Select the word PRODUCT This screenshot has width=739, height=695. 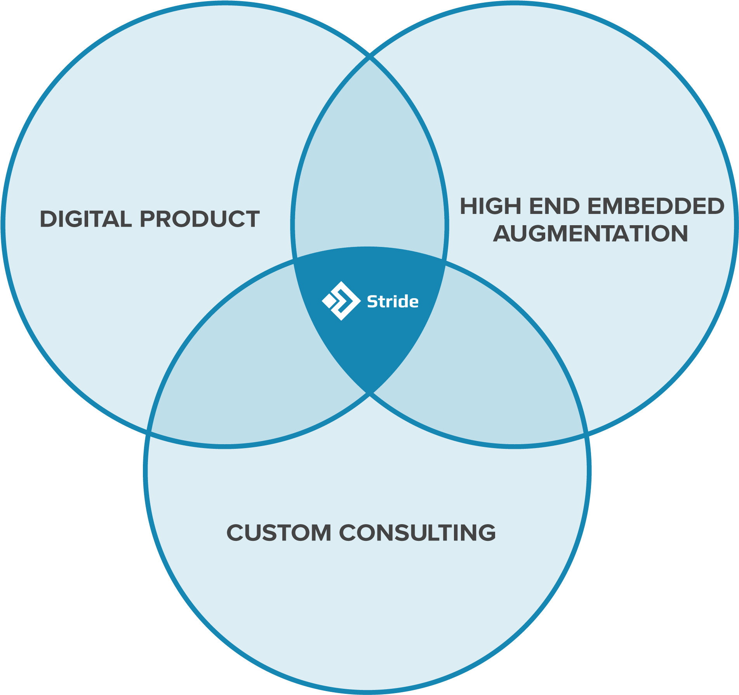click(200, 219)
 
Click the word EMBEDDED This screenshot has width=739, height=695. click(656, 206)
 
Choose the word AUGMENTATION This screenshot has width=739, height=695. click(590, 233)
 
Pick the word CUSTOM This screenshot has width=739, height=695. click(278, 532)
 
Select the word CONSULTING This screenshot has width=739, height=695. click(417, 532)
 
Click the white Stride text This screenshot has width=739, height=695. click(393, 302)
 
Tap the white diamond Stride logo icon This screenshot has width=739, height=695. click(341, 301)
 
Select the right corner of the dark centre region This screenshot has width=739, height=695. click(445, 260)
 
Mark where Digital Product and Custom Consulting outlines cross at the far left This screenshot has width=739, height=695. click(148, 432)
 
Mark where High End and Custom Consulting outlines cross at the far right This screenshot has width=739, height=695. click(586, 434)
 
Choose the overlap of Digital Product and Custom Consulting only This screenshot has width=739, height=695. click(252, 365)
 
